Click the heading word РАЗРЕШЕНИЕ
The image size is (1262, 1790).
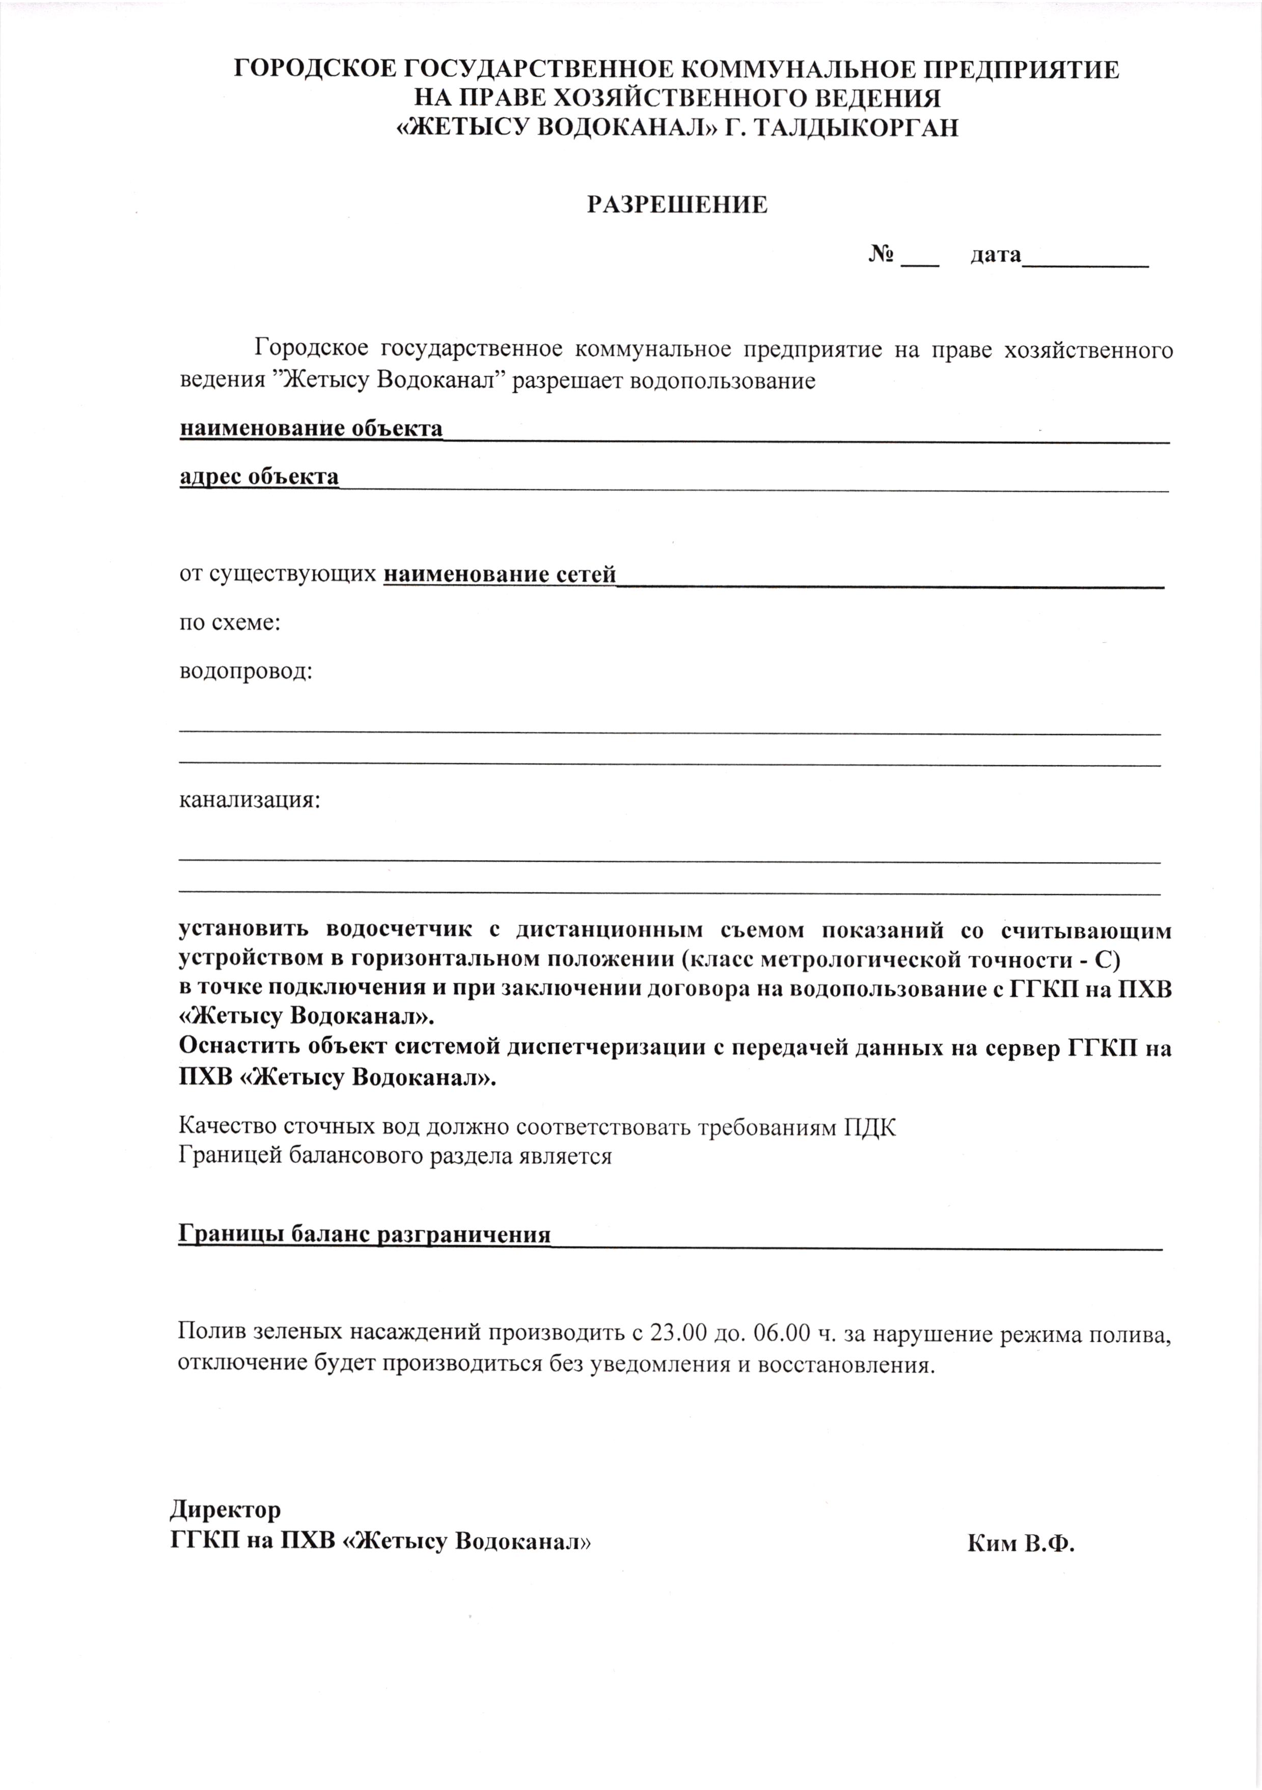[x=677, y=204]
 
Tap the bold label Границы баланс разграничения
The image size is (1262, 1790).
[x=364, y=1235]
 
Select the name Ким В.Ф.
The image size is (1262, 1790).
[x=1021, y=1543]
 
